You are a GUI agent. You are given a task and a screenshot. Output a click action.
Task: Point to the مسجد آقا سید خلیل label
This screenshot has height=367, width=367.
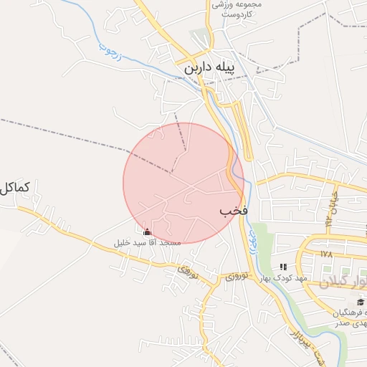tap(148, 243)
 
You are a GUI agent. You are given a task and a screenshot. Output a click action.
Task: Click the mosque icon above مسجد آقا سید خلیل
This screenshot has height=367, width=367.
tap(148, 232)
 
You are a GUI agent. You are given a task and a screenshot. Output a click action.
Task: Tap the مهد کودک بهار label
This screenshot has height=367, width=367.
tap(283, 277)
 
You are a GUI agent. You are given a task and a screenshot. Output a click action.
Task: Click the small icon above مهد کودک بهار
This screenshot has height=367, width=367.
tap(283, 267)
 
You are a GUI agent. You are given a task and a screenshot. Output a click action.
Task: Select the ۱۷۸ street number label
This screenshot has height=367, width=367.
tap(327, 254)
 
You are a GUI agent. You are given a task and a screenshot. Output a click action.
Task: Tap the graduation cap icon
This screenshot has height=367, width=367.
tap(360, 302)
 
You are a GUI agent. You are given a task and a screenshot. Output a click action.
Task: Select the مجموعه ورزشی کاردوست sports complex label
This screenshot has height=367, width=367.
tap(238, 9)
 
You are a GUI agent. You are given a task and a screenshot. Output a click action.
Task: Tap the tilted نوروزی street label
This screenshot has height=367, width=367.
tap(186, 272)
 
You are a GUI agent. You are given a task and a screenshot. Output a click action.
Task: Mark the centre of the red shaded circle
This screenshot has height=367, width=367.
tap(183, 183)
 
